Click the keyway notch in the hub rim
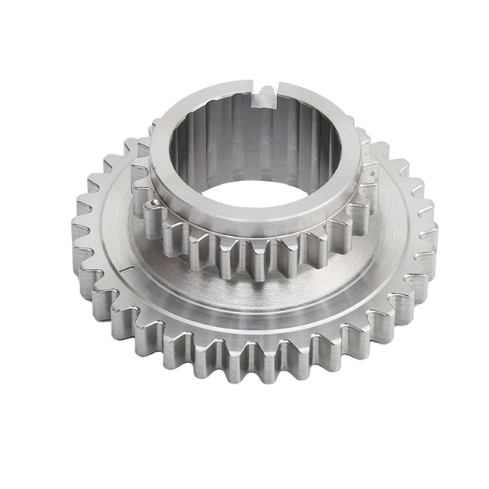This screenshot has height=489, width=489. pyautogui.click(x=264, y=95)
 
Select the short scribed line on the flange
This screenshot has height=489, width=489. pyautogui.click(x=125, y=269)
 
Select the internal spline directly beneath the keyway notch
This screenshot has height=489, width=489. pyautogui.click(x=264, y=130)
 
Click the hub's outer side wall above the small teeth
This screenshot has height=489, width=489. pyautogui.click(x=252, y=226)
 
